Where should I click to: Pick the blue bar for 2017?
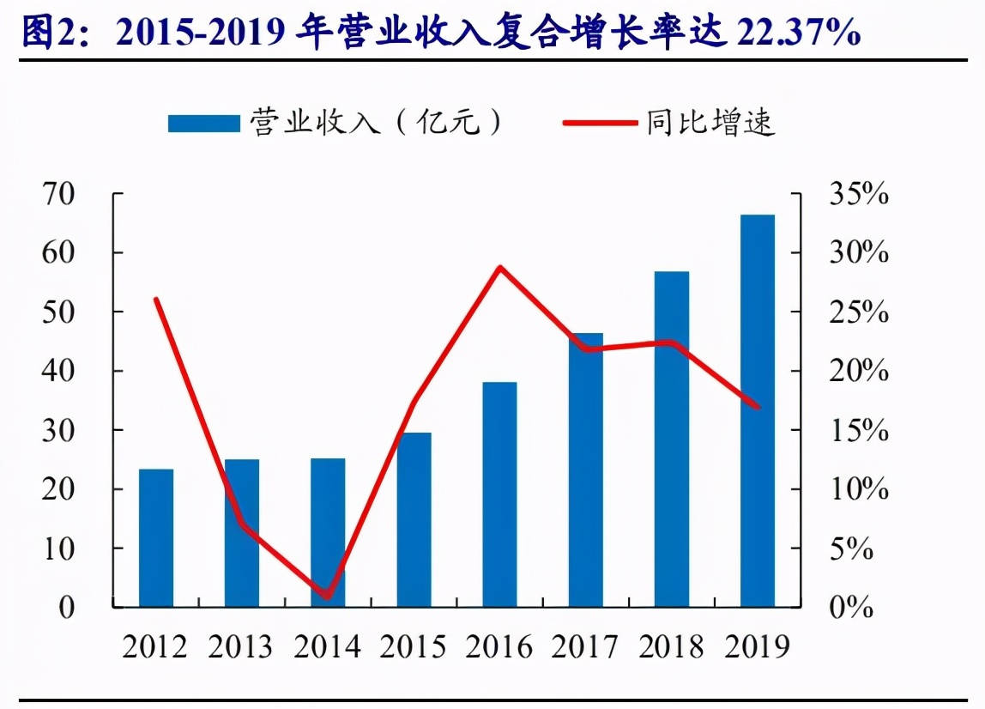point(585,470)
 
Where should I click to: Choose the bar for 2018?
point(671,439)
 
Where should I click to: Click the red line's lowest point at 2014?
point(327,596)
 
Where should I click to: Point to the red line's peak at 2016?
point(499,267)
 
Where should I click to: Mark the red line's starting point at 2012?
point(155,299)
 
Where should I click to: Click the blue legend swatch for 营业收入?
point(203,124)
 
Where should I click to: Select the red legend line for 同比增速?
point(598,124)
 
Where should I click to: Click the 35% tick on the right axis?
point(858,195)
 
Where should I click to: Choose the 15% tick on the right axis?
point(858,430)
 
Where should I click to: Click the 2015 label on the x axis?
point(413,646)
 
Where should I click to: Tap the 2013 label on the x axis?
point(241,646)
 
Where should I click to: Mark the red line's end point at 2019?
point(758,407)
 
